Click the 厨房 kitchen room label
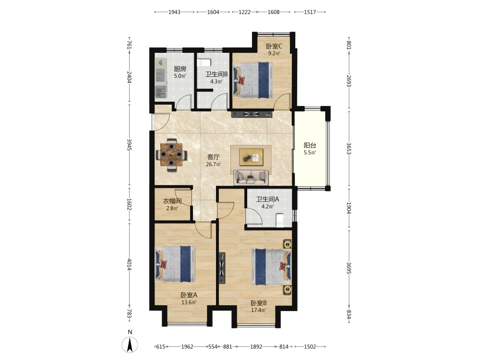tap(180, 69)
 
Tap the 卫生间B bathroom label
tap(216, 74)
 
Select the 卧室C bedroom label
tap(274, 47)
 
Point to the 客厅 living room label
tap(214, 157)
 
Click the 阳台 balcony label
tap(310, 145)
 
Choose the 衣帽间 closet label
tap(172, 201)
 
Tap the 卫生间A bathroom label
tap(267, 199)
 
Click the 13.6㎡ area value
tap(189, 302)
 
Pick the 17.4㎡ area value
tap(259, 310)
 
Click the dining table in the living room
tap(171, 155)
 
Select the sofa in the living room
tap(251, 178)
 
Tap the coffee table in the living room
tap(251, 157)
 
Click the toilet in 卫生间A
tap(280, 220)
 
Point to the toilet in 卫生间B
tap(204, 62)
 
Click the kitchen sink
tap(160, 91)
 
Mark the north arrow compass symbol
tap(130, 345)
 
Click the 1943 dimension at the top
tap(175, 12)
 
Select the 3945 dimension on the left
tap(129, 144)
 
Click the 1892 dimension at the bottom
tap(256, 347)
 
